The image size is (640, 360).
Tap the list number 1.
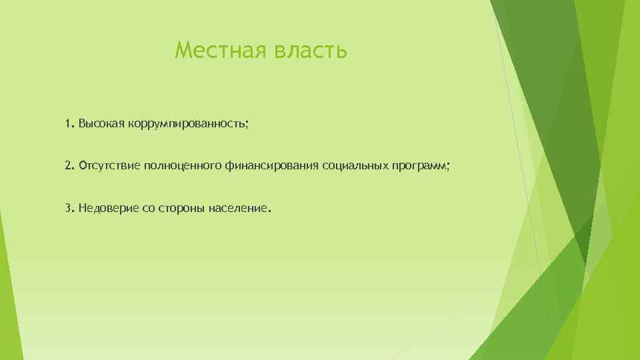click(69, 124)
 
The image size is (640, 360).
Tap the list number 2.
click(69, 165)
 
